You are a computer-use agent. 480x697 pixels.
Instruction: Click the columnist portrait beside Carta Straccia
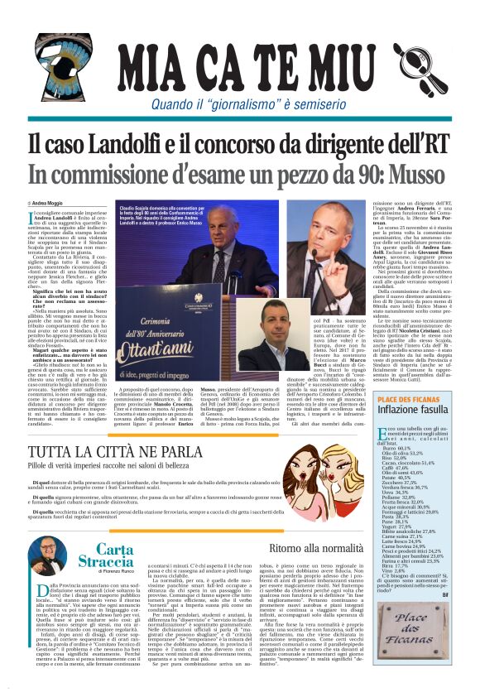point(46,556)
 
